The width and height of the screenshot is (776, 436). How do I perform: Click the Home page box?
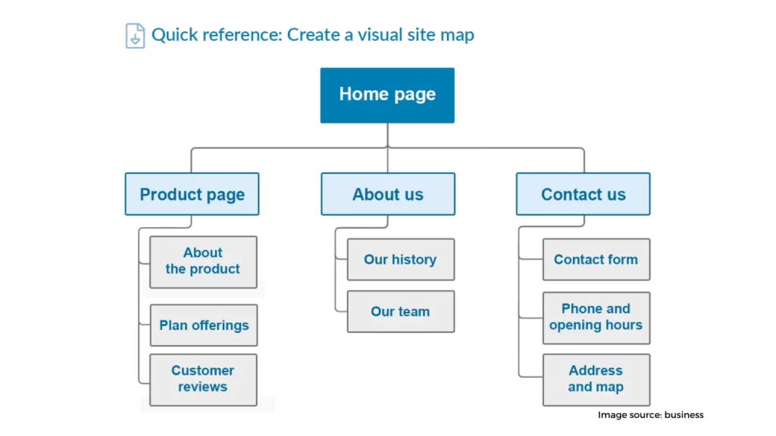[387, 95]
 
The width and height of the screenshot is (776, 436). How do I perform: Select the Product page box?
[192, 194]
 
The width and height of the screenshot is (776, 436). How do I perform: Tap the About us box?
[388, 194]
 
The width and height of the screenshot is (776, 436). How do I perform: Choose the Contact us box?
[583, 194]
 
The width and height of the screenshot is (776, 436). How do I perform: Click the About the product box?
[203, 262]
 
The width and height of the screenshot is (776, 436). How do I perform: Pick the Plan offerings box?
[204, 325]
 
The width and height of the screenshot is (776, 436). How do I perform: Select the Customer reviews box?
[203, 380]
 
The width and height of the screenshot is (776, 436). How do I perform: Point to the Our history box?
[401, 260]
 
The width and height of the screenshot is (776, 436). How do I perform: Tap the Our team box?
[401, 311]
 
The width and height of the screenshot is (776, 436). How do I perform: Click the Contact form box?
[596, 260]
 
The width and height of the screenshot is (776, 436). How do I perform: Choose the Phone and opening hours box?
[596, 318]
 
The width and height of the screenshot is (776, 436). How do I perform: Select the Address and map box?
[596, 380]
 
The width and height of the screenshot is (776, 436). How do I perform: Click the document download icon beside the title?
[135, 36]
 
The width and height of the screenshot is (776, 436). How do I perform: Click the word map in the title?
[458, 36]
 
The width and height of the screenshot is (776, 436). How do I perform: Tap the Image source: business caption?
[650, 415]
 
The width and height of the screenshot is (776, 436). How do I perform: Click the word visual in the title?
[380, 35]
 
